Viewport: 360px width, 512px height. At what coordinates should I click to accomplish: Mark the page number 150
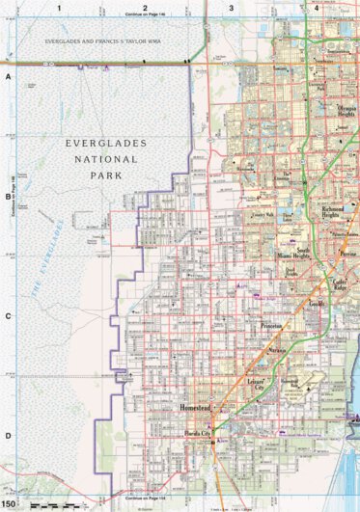pyautogui.click(x=9, y=504)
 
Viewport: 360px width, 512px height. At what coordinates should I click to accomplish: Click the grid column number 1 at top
pyautogui.click(x=59, y=8)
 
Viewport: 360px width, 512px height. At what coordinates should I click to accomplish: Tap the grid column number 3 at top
pyautogui.click(x=231, y=8)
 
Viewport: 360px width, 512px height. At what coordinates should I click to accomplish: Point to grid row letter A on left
pyautogui.click(x=8, y=75)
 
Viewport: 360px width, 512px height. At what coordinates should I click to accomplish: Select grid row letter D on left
pyautogui.click(x=8, y=435)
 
